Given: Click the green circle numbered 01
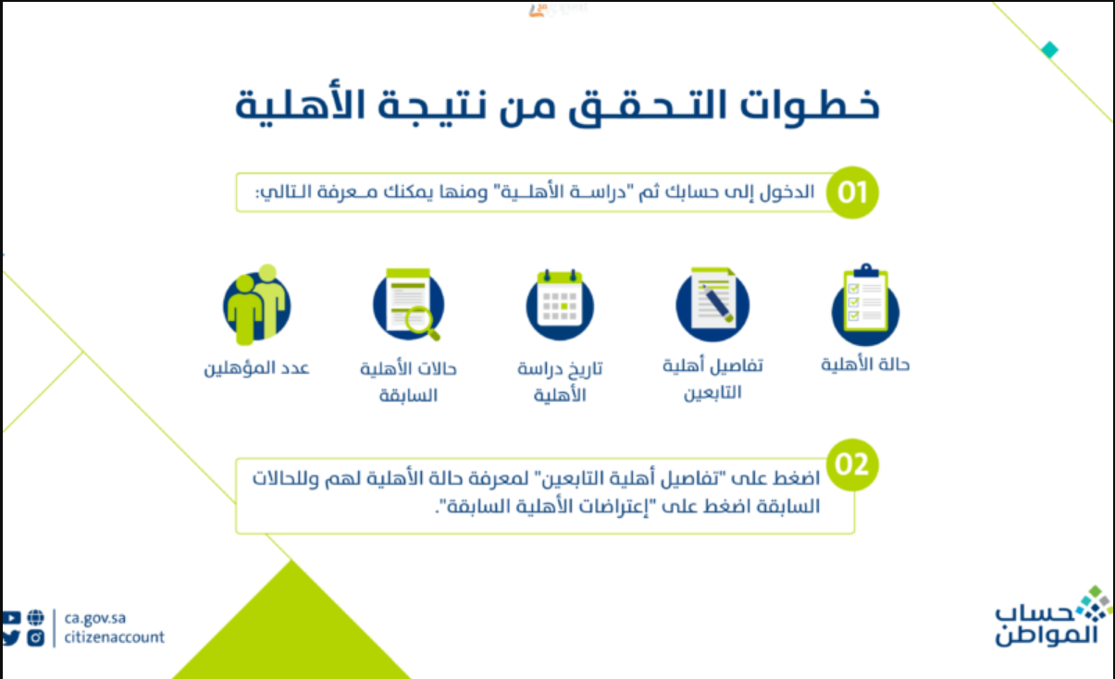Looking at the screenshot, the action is [x=852, y=192].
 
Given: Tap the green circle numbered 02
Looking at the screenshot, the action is [x=852, y=464].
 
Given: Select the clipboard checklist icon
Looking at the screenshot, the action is [x=865, y=304].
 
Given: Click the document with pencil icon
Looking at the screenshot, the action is [x=712, y=304].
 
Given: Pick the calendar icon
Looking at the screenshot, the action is [x=560, y=304].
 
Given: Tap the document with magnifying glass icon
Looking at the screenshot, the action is [x=409, y=304].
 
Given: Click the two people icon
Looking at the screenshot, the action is [x=257, y=304].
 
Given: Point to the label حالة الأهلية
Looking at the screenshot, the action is [x=865, y=364].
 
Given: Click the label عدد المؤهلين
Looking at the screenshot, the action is [x=257, y=368].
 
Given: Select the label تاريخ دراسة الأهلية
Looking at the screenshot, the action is [x=560, y=381].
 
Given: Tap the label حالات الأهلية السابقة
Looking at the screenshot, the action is [x=409, y=382].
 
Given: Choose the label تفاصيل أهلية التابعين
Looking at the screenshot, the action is [x=712, y=379].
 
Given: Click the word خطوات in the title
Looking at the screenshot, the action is [x=810, y=105].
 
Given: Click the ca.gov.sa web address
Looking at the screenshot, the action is [x=95, y=618].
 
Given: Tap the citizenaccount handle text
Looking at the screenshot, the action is [x=114, y=636].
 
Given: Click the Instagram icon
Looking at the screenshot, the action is [x=35, y=637].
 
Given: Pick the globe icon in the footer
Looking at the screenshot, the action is [x=35, y=618].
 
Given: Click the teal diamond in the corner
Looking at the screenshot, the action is [x=1049, y=50].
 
